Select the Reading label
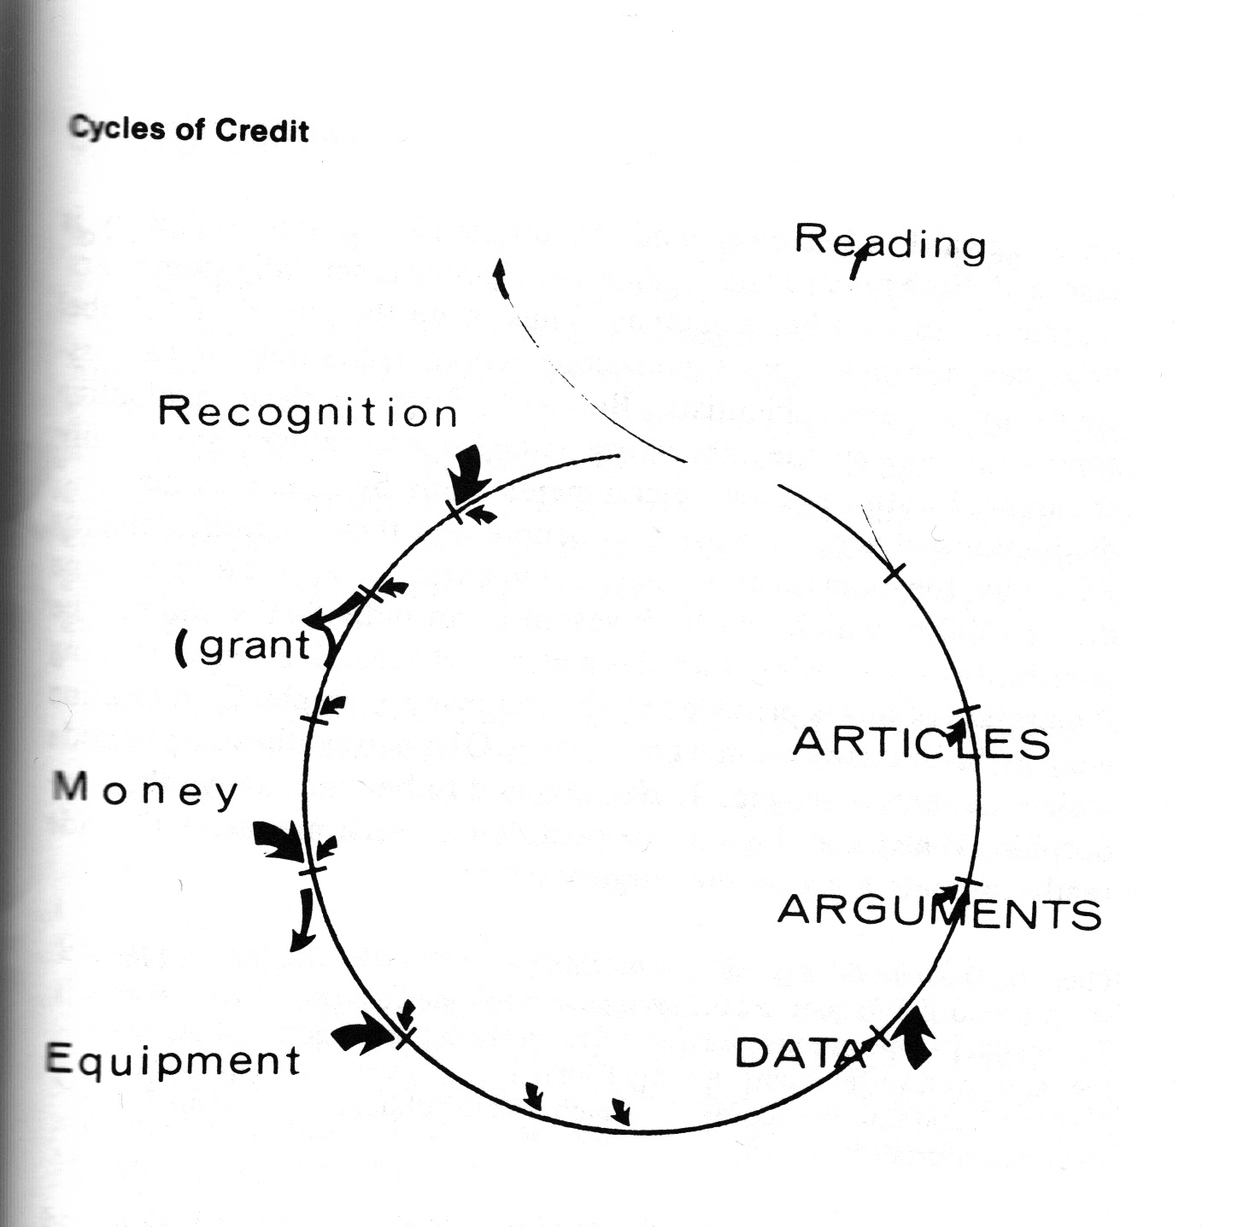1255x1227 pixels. [x=890, y=243]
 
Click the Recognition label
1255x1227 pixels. [x=308, y=413]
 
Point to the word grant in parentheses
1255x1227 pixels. [x=254, y=646]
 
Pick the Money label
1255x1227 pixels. [x=146, y=791]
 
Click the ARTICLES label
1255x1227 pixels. [x=921, y=743]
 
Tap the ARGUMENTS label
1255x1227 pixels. [x=939, y=912]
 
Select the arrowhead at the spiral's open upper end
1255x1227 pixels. [x=499, y=275]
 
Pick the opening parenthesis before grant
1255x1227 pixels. [x=181, y=647]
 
